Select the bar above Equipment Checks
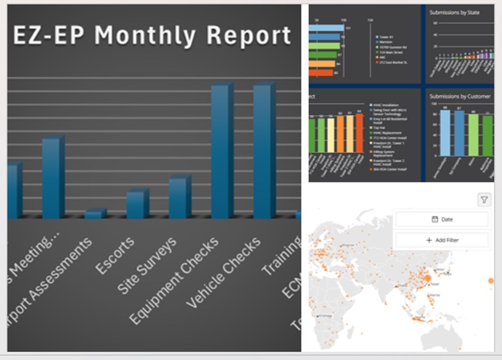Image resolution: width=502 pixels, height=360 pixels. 221,151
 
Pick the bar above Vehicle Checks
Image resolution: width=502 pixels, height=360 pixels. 264,151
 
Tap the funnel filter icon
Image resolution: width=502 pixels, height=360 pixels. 484,200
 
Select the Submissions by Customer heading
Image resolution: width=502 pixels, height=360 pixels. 459,96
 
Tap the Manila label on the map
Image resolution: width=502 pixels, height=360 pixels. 435,295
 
